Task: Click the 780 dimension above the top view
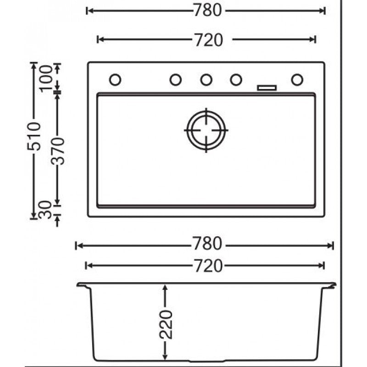pos(206,11)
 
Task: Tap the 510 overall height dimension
pos(33,136)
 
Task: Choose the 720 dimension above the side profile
pos(206,265)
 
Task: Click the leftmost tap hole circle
pos(115,80)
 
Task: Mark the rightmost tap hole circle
pos(297,80)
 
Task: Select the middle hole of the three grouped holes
pos(206,80)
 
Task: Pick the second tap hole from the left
pos(176,80)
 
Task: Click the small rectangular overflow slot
pos(267,87)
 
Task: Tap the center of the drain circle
pos(206,130)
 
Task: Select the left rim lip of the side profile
pos(82,286)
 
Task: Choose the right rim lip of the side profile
pos(331,286)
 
